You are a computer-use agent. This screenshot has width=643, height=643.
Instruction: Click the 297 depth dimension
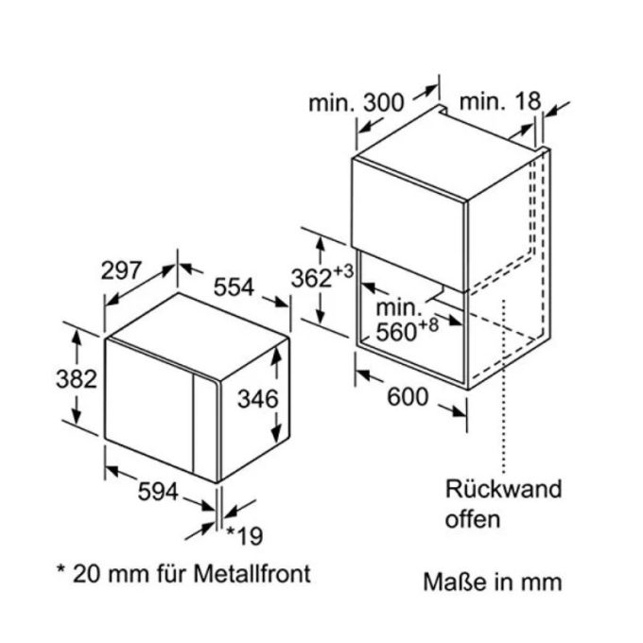click(x=123, y=270)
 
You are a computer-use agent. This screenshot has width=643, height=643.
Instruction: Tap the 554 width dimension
click(x=233, y=287)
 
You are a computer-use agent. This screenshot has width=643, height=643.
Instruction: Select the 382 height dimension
click(x=76, y=379)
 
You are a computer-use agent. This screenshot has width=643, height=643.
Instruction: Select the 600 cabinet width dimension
click(x=408, y=398)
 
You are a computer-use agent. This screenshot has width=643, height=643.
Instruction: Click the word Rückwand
click(x=504, y=489)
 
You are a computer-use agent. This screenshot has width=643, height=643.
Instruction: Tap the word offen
click(x=473, y=518)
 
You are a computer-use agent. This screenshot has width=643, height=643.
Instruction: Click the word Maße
click(x=447, y=581)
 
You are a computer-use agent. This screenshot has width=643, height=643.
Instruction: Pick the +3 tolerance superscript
click(x=344, y=271)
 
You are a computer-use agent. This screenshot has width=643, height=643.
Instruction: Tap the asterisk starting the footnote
click(x=61, y=571)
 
